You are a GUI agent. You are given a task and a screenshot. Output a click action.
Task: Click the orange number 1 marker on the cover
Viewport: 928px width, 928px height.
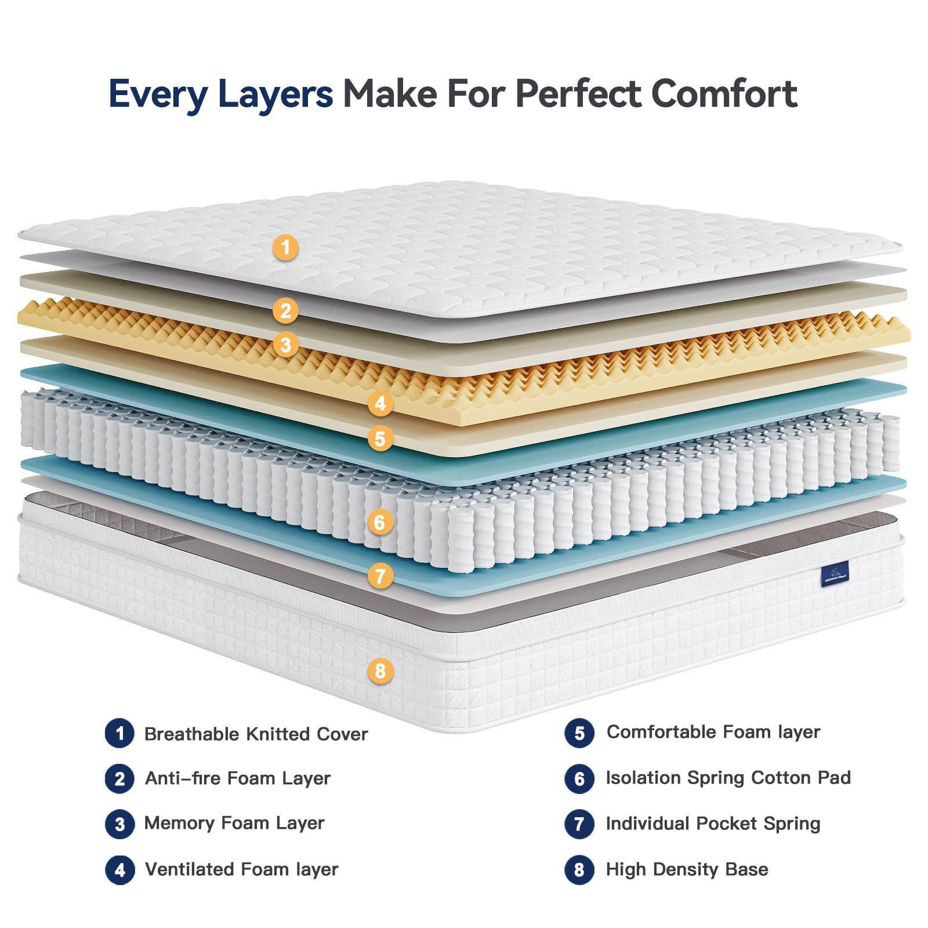tap(285, 248)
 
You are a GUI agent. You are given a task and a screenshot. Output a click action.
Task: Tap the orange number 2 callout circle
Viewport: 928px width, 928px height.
tap(285, 311)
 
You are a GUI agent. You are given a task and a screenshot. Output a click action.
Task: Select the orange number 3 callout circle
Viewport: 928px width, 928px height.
tap(285, 345)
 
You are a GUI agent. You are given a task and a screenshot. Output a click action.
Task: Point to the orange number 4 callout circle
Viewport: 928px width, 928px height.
tap(380, 403)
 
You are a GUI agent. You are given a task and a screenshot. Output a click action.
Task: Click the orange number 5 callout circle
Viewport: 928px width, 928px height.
tap(380, 438)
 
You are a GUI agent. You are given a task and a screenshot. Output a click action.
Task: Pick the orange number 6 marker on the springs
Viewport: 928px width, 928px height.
tap(380, 523)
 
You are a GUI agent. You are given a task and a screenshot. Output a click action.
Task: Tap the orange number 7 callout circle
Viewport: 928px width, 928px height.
tap(380, 576)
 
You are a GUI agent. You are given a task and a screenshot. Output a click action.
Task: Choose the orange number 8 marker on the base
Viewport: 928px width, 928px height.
tap(380, 671)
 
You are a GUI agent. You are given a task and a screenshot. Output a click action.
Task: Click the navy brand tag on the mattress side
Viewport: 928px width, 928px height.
tap(835, 574)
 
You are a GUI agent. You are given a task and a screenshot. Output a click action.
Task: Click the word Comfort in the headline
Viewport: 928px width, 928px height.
tap(724, 94)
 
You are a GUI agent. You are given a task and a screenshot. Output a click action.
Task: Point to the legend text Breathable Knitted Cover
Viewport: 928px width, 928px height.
tap(256, 734)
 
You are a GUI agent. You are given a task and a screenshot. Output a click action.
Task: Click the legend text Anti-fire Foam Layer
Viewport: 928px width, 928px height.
tap(238, 778)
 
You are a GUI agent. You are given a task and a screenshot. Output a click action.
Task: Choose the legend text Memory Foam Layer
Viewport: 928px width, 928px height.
tap(234, 823)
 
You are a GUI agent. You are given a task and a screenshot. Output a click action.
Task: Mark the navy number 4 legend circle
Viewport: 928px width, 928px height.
tap(120, 870)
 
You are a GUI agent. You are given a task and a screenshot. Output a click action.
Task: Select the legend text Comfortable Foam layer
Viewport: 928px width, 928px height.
tap(713, 733)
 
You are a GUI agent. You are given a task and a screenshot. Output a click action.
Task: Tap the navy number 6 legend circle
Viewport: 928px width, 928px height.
tap(579, 779)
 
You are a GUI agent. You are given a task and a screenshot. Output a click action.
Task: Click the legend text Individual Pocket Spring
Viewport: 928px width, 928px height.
tap(713, 824)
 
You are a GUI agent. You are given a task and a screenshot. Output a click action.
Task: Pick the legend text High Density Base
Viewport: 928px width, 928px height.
tap(687, 869)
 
